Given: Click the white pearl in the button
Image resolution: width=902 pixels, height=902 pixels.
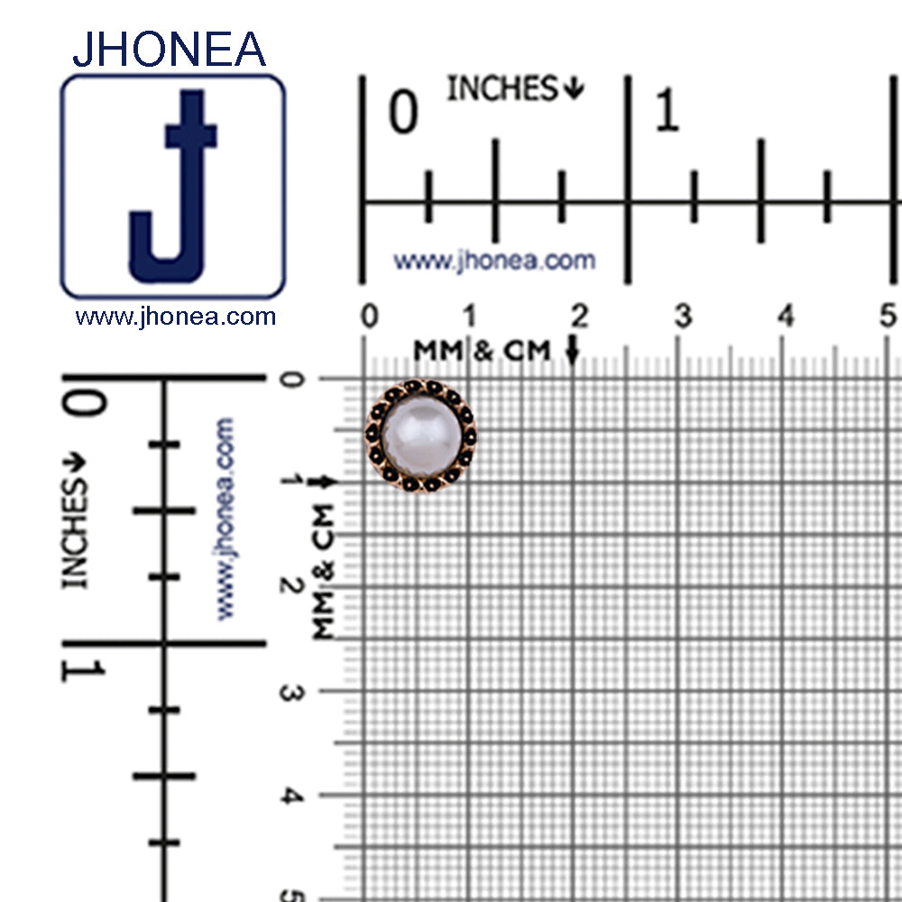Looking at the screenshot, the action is click(421, 436).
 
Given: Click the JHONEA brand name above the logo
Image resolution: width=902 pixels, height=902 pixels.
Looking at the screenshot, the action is click(170, 49).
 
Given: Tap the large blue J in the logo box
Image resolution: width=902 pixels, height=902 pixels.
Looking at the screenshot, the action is click(173, 186).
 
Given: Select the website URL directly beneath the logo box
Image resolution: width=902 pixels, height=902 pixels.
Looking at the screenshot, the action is click(176, 317).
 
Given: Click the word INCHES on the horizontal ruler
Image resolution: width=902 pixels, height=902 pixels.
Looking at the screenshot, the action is click(502, 88).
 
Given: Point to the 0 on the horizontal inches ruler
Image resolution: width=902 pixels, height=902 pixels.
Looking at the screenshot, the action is click(403, 112).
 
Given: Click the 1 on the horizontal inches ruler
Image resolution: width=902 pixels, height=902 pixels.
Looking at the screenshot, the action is click(667, 109).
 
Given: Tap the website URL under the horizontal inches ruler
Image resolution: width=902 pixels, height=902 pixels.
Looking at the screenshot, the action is click(494, 261).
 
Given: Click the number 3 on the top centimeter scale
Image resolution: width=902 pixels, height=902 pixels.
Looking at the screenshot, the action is click(684, 315).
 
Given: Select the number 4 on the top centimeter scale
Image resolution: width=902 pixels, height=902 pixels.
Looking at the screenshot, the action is click(786, 315).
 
